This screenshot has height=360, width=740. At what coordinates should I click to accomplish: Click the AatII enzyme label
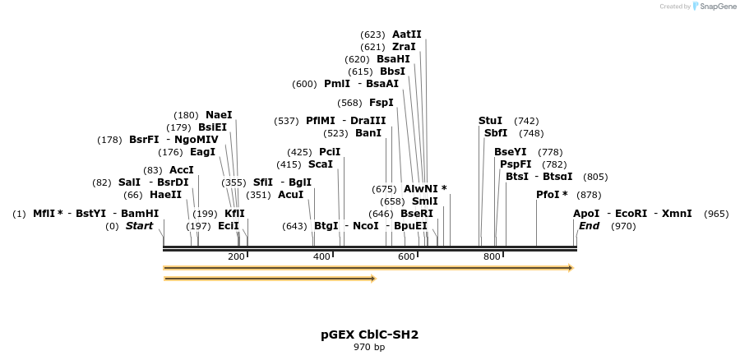(407, 35)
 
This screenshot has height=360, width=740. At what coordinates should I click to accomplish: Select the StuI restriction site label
(490, 121)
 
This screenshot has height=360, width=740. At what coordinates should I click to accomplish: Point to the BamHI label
(140, 214)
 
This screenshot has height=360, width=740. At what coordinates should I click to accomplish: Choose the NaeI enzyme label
(219, 115)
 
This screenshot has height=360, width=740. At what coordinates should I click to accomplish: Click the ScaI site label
(321, 164)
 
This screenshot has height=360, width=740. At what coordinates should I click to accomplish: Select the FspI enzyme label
(382, 103)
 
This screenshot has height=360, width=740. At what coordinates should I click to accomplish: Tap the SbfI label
(496, 133)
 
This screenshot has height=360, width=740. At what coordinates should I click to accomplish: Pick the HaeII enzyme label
(165, 195)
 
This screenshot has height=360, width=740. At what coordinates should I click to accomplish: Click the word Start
(139, 226)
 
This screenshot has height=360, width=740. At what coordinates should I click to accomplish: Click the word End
(589, 226)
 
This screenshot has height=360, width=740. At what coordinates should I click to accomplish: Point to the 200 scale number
(235, 257)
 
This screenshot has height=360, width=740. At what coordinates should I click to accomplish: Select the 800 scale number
(492, 257)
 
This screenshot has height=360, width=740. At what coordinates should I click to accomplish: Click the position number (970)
(623, 226)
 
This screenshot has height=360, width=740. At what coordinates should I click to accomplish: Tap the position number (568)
(349, 103)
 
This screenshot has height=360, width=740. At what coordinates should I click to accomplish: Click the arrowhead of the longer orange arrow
(569, 268)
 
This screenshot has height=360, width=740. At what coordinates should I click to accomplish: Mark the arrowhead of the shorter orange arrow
(372, 279)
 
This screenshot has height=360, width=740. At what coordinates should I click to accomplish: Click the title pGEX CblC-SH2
(369, 335)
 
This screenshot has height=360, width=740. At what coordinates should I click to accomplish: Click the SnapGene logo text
(716, 7)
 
